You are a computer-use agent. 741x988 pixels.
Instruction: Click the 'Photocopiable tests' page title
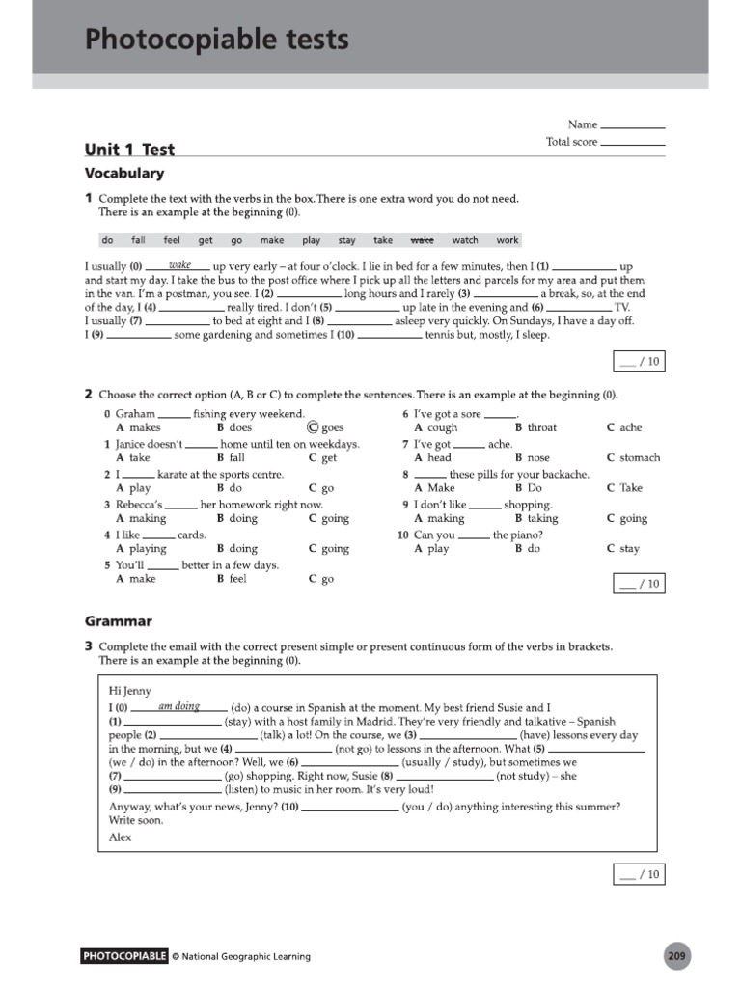click(217, 41)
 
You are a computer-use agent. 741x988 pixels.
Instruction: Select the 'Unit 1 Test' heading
click(129, 149)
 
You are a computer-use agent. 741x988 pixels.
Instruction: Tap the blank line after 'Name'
click(632, 125)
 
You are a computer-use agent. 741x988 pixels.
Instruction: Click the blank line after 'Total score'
click(632, 143)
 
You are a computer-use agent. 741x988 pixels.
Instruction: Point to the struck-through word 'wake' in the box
click(423, 240)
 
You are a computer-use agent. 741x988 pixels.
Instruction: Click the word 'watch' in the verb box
click(465, 240)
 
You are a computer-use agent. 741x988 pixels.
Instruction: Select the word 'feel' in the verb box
click(172, 240)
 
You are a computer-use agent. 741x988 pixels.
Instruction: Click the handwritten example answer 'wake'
click(179, 264)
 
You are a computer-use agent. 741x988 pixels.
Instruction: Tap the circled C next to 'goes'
click(312, 427)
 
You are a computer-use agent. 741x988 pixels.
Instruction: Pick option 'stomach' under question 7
click(639, 457)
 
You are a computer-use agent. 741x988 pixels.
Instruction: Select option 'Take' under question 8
click(631, 488)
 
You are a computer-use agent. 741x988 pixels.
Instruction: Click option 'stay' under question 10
click(629, 548)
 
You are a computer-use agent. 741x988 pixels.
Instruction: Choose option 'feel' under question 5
click(237, 579)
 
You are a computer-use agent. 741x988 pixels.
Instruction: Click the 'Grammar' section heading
click(118, 621)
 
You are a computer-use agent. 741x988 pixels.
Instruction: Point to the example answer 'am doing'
click(178, 706)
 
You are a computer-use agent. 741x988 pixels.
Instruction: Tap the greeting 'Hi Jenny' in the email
click(130, 691)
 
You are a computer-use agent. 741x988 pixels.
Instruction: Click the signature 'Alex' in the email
click(121, 837)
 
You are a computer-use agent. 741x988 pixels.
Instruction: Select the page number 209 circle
click(676, 956)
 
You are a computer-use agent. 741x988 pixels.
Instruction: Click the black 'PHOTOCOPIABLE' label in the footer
click(125, 956)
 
